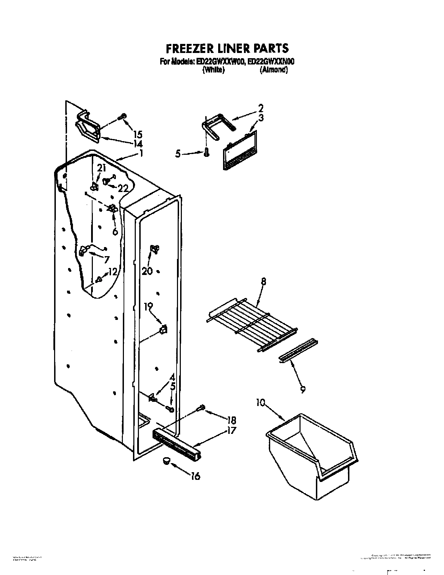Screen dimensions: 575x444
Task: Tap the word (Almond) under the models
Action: tap(274, 70)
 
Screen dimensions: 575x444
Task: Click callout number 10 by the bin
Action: tap(260, 403)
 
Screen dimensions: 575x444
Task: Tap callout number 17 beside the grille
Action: tap(231, 431)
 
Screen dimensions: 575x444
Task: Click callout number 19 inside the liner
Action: tap(149, 306)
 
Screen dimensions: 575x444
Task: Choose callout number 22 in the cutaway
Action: tap(123, 189)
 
